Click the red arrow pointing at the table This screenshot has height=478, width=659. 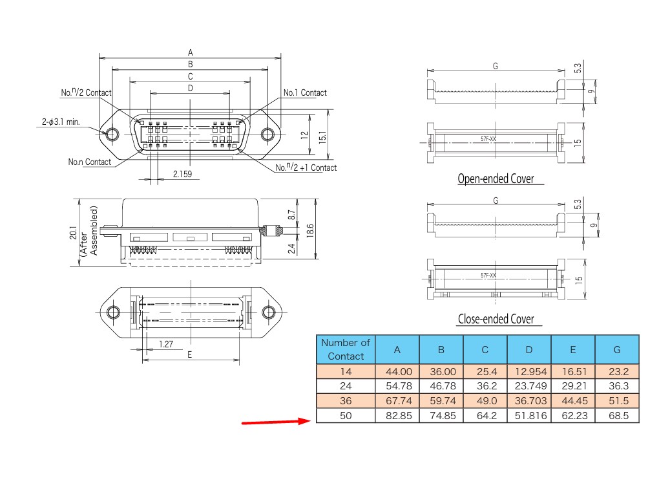click(276, 422)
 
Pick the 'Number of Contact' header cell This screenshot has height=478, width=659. click(346, 349)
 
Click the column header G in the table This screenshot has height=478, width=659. click(617, 349)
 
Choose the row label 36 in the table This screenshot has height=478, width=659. click(346, 401)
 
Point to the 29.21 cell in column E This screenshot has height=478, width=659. click(574, 386)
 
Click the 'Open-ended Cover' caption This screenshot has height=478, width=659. click(496, 179)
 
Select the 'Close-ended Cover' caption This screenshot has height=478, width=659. click(496, 319)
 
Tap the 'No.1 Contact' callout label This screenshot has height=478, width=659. click(305, 92)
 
